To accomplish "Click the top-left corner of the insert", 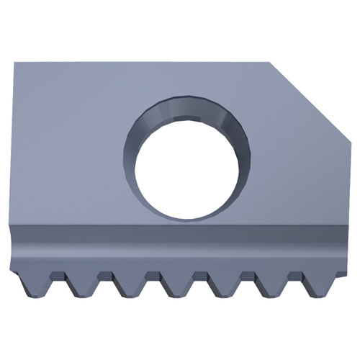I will pos(16,63).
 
